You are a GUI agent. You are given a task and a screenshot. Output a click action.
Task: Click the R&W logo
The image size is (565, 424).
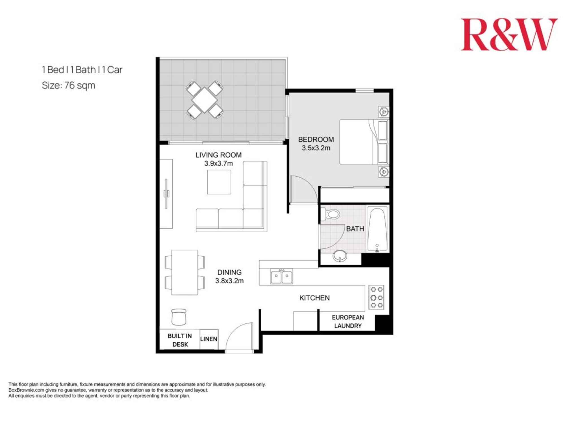point(509,35)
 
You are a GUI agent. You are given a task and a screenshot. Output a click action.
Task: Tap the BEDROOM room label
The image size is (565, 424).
point(316,139)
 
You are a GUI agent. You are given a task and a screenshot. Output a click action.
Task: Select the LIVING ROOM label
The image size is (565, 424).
point(218,155)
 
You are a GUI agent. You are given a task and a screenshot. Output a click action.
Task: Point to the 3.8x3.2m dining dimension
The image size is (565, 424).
point(229,281)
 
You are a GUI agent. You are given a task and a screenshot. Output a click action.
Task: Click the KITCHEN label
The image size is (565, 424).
point(314,298)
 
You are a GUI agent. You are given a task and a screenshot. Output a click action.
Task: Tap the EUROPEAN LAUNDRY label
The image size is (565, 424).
point(348,321)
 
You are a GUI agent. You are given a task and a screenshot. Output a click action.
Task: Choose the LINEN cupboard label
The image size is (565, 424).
point(209,339)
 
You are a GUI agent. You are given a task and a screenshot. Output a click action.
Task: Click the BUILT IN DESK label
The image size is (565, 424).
point(180,340)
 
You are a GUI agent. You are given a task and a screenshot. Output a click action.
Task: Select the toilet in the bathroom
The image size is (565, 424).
point(331,214)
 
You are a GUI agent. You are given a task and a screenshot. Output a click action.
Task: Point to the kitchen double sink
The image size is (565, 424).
point(281,276)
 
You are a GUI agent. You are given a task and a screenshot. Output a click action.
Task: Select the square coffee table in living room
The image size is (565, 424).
point(219,182)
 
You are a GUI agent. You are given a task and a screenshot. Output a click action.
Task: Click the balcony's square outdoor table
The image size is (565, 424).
point(204,100)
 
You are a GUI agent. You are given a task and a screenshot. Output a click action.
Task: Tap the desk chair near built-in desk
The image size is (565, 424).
point(179,317)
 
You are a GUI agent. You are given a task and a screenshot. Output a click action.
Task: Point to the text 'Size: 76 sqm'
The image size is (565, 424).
point(68,85)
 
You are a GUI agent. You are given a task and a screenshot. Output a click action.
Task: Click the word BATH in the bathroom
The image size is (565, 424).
point(355,229)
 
